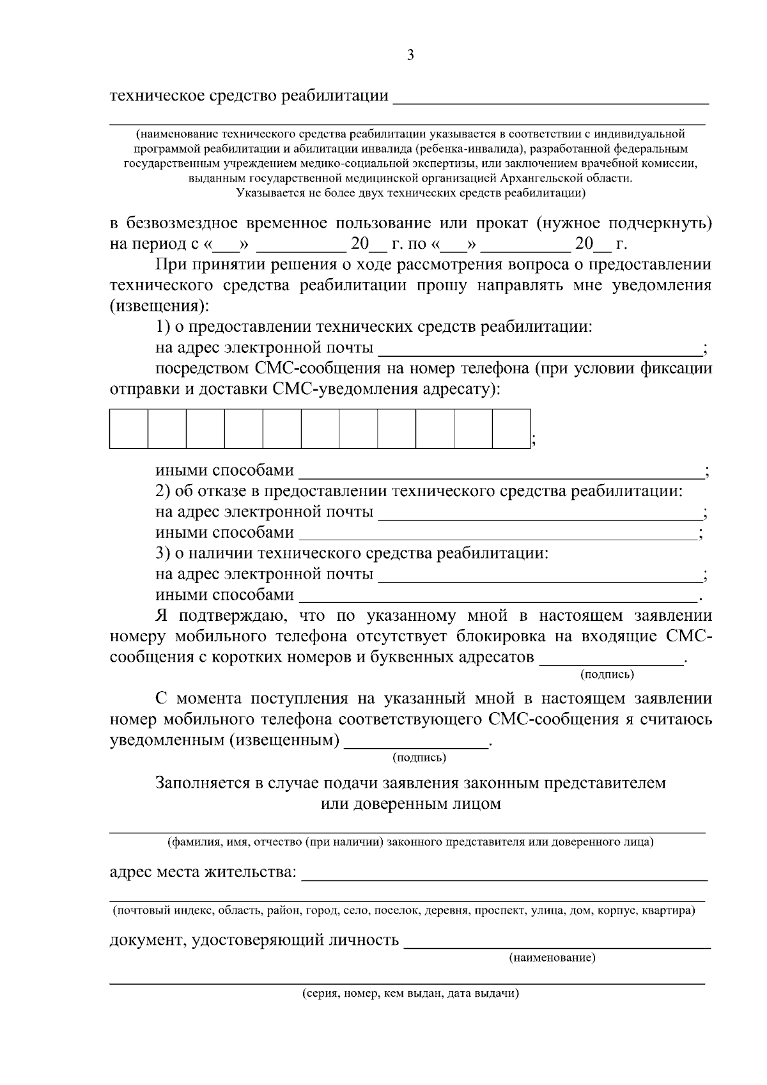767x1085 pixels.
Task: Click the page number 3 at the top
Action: [x=410, y=56]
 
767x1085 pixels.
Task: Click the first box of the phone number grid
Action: [x=129, y=428]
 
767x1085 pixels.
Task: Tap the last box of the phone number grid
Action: [x=511, y=428]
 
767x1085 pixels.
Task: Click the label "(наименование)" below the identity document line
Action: [x=552, y=958]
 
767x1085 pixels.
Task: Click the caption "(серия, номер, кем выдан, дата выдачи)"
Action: [x=410, y=994]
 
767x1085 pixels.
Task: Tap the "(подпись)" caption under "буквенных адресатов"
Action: [x=607, y=674]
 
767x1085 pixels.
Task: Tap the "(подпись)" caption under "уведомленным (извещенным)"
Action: [x=419, y=758]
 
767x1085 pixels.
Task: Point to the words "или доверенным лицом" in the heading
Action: [x=410, y=804]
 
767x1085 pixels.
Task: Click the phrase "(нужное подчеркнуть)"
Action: [x=623, y=223]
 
